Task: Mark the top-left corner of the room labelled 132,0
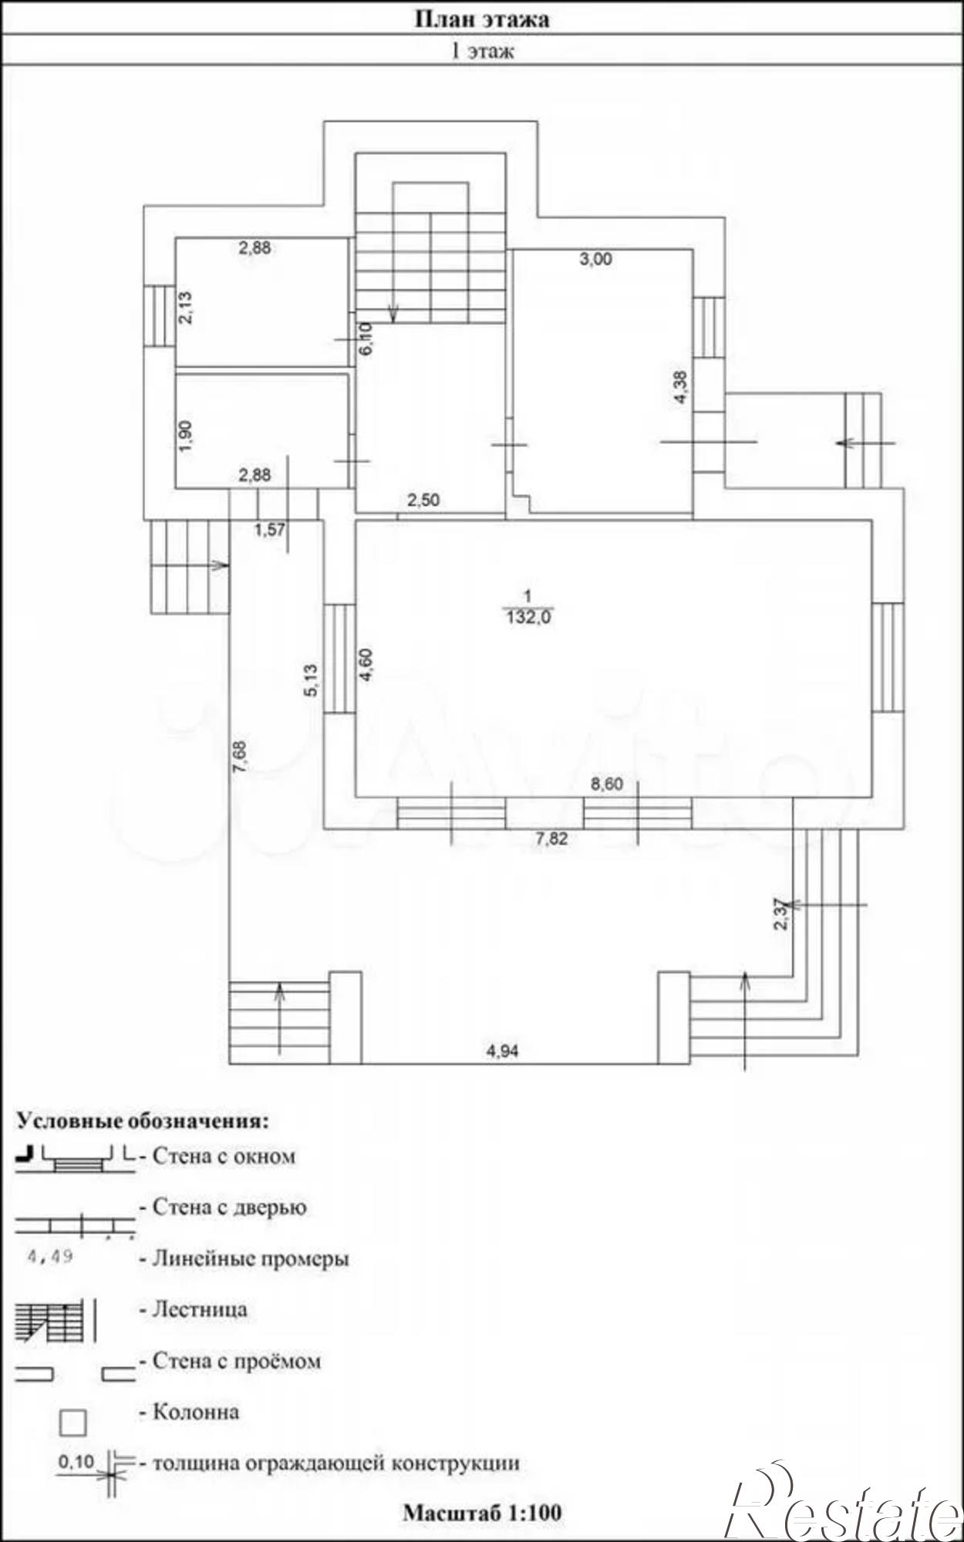(x=355, y=521)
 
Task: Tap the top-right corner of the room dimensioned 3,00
(x=693, y=249)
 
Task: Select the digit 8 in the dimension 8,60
(x=595, y=785)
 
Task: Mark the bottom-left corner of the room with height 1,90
(x=176, y=488)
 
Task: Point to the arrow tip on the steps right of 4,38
(x=837, y=443)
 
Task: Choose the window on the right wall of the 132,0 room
(x=887, y=657)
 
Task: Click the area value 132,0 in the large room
(x=528, y=617)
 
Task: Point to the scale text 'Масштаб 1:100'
(x=482, y=1512)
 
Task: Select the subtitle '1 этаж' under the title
(x=482, y=51)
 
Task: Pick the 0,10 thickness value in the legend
(x=76, y=1461)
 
